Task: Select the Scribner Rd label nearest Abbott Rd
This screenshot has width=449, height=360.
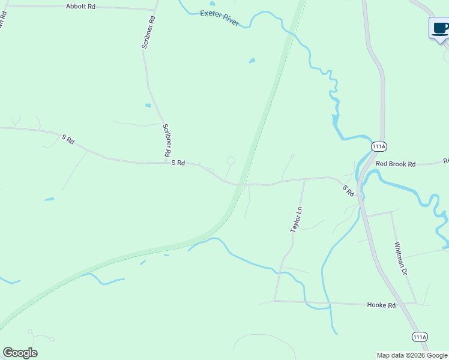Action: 149,31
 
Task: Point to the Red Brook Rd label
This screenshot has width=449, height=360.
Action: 396,163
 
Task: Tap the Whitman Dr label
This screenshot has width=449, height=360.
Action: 401,259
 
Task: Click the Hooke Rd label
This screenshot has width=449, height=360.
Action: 381,305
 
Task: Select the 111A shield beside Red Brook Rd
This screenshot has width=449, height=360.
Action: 379,147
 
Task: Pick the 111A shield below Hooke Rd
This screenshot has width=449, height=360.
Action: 420,337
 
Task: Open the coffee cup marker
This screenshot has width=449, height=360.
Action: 440,28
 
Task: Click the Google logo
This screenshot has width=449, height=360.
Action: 20,353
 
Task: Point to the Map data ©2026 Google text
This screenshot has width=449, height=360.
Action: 412,355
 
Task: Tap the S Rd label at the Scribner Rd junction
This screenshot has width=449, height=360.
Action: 178,163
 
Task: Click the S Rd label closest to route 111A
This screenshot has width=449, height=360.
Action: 348,191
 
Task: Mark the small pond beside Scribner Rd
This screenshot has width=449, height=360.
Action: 148,106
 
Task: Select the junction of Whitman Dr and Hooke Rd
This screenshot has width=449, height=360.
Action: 416,304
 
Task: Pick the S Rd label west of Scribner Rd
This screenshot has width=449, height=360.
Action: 67,140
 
